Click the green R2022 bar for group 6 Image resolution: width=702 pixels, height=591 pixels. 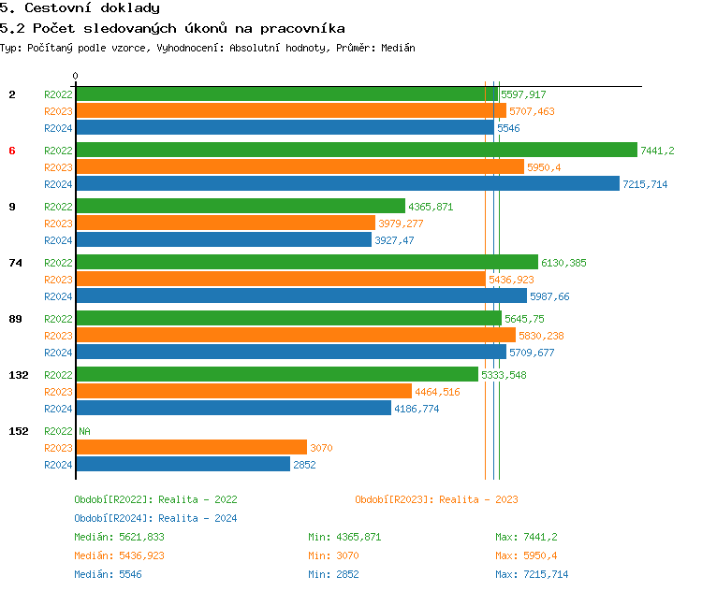[356, 151]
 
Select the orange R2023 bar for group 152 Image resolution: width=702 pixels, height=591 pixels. [191, 448]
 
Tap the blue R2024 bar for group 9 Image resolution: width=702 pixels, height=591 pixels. [224, 240]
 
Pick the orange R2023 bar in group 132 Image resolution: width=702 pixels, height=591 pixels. [243, 392]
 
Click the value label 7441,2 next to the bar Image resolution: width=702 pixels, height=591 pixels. [657, 151]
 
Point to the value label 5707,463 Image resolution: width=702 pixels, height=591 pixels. [532, 111]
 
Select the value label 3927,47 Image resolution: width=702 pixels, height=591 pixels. [394, 240]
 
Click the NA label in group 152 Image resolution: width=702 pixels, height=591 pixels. [84, 431]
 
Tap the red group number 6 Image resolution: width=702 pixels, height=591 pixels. [12, 151]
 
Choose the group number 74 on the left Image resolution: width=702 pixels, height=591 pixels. [15, 263]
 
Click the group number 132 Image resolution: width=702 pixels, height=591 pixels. [18, 375]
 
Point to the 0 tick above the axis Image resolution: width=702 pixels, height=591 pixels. [76, 76]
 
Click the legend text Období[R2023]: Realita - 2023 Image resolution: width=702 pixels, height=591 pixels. [436, 499]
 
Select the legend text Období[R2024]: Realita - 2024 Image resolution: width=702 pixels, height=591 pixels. [155, 518]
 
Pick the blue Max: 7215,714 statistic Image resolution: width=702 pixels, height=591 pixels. [531, 574]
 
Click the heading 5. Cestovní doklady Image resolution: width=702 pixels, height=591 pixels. [80, 8]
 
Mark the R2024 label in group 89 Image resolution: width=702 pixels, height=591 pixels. [58, 353]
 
